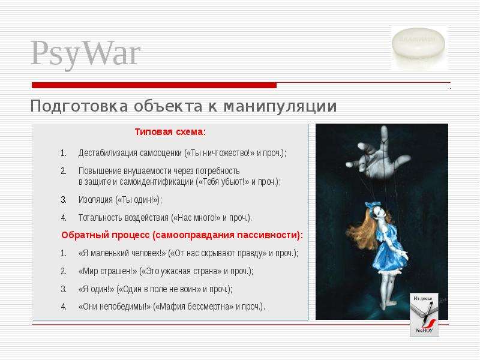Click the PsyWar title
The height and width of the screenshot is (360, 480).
point(85,54)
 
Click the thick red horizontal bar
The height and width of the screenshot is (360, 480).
point(154,85)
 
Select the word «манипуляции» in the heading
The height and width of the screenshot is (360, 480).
point(280,106)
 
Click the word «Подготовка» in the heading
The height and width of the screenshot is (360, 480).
point(79,106)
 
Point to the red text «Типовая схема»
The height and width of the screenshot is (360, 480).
point(169,132)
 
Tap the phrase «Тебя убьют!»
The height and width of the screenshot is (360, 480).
point(222,182)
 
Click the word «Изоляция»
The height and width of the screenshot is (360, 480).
point(95,200)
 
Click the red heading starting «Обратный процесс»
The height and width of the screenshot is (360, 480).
point(182,235)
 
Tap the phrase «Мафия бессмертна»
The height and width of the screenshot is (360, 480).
point(193,307)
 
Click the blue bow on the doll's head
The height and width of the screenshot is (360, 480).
point(373,205)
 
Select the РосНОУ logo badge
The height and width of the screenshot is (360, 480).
point(424,314)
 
